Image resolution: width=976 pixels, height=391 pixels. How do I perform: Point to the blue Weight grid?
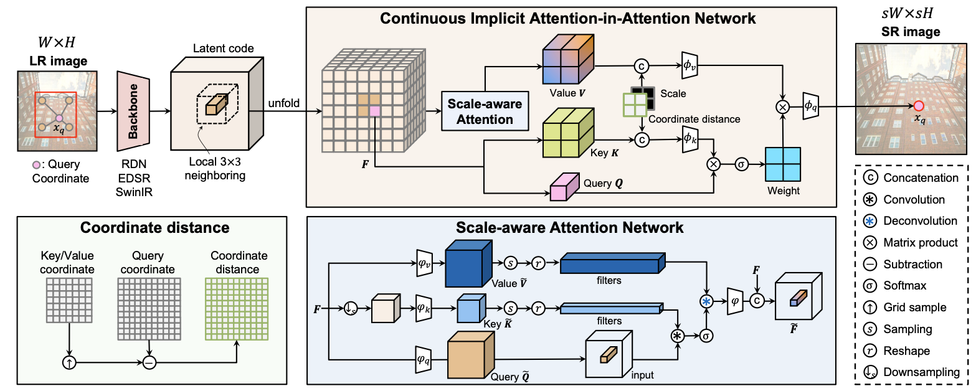pyautogui.click(x=783, y=164)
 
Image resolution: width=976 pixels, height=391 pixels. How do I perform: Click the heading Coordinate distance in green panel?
pyautogui.click(x=154, y=228)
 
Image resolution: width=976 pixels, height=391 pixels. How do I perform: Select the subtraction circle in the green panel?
pyautogui.click(x=149, y=363)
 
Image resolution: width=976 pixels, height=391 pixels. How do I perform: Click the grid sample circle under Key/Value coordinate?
pyautogui.click(x=69, y=363)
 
